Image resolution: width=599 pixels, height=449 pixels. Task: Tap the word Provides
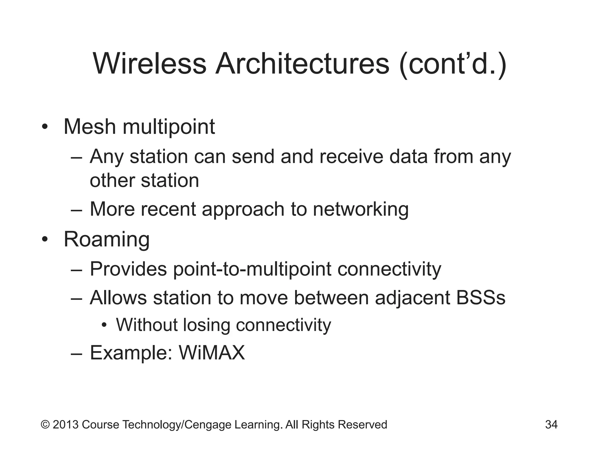click(128, 269)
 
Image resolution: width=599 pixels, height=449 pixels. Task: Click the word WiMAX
click(212, 353)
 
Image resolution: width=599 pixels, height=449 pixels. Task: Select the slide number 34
click(551, 424)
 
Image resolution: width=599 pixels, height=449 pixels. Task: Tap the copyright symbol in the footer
click(45, 424)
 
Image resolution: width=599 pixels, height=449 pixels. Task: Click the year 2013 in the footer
click(66, 424)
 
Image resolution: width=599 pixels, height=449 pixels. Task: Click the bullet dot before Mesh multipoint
click(44, 127)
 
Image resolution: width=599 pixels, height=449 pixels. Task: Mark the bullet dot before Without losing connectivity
click(104, 325)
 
